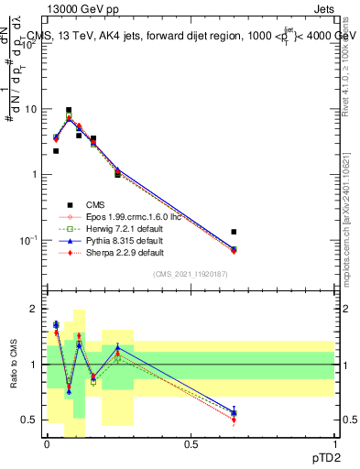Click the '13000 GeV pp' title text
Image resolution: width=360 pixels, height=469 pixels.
(x=82, y=8)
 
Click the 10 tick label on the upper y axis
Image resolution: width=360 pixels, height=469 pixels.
(x=33, y=109)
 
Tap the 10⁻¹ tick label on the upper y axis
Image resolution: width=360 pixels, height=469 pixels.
(x=31, y=240)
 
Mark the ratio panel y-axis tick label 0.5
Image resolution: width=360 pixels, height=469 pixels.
(x=33, y=420)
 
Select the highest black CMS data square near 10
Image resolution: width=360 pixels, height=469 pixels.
(x=69, y=110)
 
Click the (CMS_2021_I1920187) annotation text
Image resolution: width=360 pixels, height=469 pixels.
(x=191, y=274)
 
